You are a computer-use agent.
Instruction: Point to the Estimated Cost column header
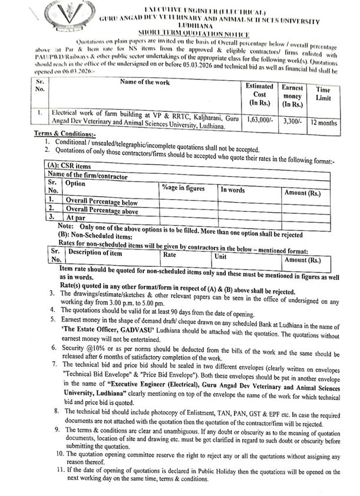259,94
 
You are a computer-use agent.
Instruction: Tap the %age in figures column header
183,189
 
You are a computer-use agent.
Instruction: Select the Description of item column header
95,253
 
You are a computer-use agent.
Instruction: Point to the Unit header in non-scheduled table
221,257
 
